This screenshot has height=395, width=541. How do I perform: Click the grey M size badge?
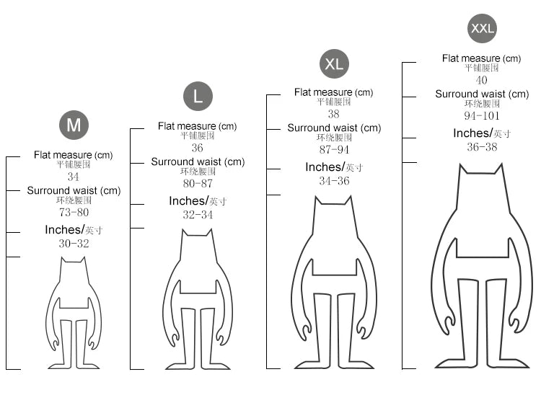coord(74,125)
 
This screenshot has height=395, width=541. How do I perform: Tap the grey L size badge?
coord(198,97)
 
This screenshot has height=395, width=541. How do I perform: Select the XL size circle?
coord(334,63)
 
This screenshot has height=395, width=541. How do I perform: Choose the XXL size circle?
coord(482,29)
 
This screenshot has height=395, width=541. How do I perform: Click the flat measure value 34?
coord(74,177)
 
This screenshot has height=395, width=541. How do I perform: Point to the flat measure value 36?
coord(198,148)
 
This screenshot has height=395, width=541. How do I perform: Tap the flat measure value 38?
coord(333,114)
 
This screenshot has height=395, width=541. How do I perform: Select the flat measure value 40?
coord(481,81)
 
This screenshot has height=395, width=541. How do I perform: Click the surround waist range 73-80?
coord(74,213)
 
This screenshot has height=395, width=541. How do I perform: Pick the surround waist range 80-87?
coord(198,184)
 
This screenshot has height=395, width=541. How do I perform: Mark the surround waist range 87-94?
coord(334,150)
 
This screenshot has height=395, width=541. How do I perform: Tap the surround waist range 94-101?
coord(482,116)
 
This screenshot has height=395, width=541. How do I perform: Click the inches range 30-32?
coord(74,244)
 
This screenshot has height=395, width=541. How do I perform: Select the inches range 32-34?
coord(198,215)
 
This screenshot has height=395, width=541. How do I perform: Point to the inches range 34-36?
coord(334,181)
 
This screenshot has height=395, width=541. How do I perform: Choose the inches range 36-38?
coord(482,147)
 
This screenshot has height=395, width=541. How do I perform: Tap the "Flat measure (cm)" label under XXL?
coord(481,58)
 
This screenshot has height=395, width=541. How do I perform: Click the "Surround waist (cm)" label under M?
coord(74,191)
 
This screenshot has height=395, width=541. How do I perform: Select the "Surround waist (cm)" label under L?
coord(198,162)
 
